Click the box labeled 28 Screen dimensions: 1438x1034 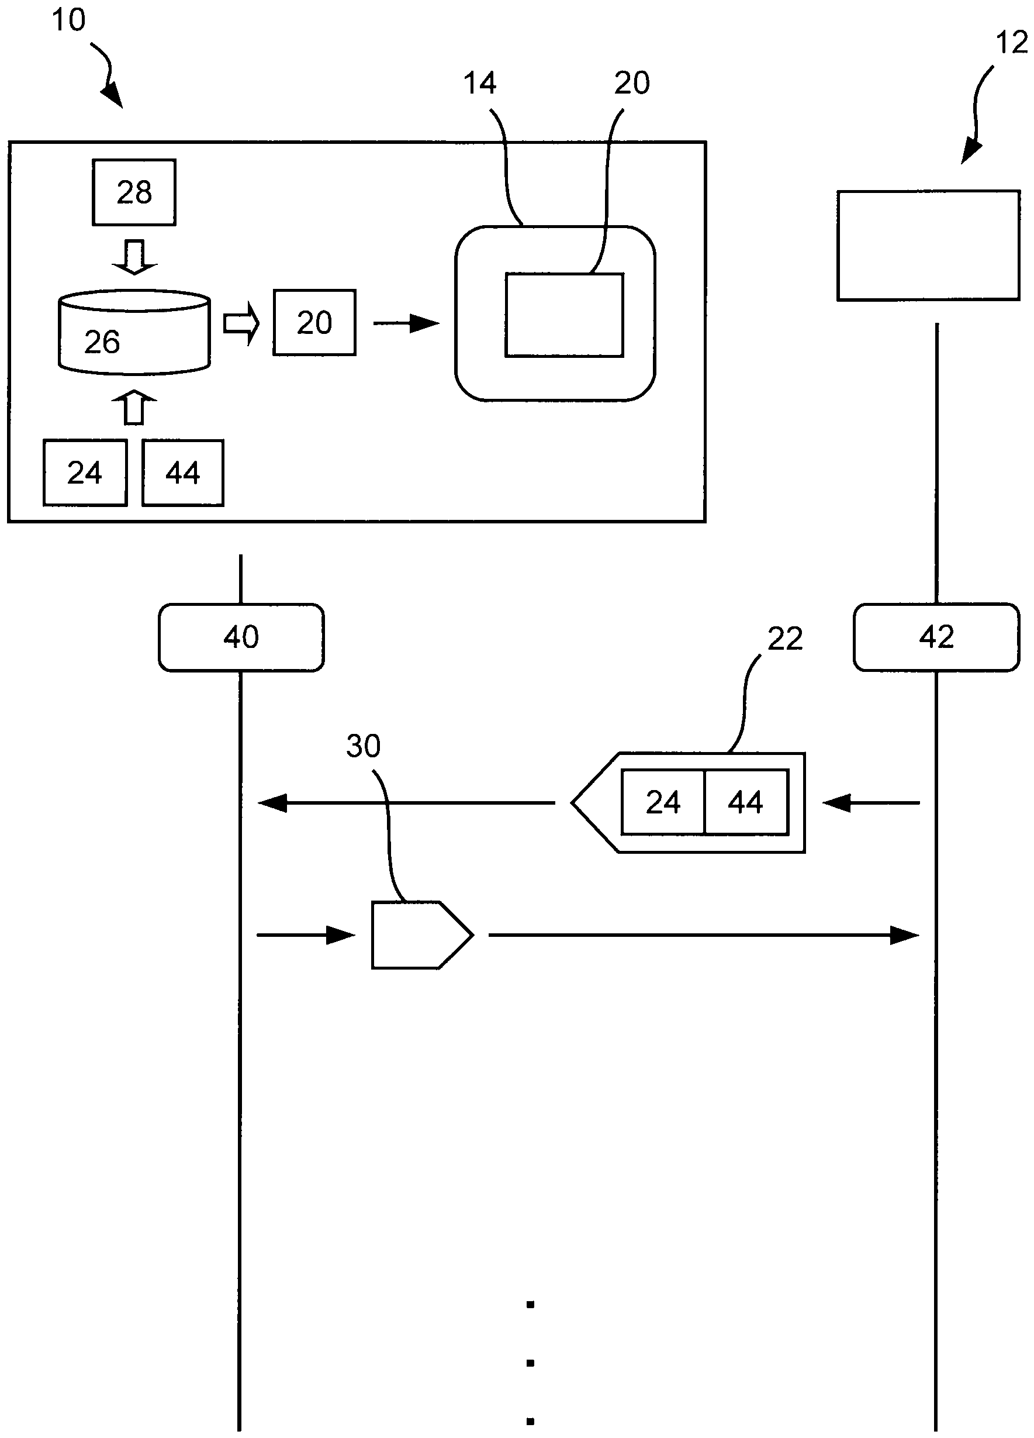point(134,192)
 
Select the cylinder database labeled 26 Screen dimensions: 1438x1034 point(134,332)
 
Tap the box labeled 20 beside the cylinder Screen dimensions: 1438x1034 point(314,323)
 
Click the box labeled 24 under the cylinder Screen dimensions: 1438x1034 point(85,473)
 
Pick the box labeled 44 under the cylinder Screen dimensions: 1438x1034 point(182,473)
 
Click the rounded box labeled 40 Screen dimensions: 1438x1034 point(241,637)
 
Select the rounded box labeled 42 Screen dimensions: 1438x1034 point(936,637)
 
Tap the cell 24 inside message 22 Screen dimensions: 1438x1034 point(663,802)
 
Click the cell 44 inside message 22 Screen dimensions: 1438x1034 point(746,802)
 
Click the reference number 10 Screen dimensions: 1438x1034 point(68,20)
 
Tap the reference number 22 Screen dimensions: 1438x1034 point(784,639)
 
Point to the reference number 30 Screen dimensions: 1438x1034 point(363,746)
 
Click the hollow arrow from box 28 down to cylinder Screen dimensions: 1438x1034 point(134,257)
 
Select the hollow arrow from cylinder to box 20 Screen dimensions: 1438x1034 point(241,323)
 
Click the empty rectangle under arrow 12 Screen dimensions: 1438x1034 point(928,246)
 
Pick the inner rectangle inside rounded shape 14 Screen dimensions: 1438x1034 point(564,315)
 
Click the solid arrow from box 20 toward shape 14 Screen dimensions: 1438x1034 point(406,323)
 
